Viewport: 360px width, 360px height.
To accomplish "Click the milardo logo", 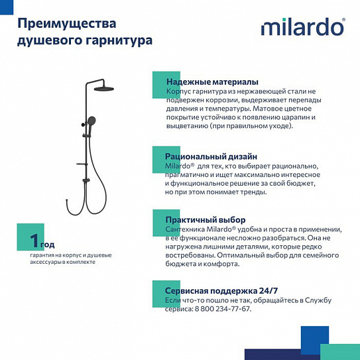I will [x=302, y=27].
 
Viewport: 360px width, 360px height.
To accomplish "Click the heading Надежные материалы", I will [x=206, y=81].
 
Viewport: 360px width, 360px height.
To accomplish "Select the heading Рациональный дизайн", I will [x=208, y=155].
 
